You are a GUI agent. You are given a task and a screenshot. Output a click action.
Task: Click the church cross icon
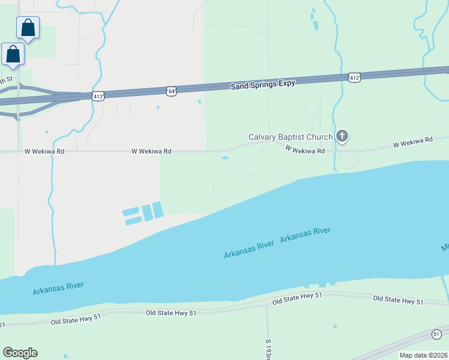pos(342,136)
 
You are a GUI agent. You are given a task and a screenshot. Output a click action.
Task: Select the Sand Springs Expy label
pos(264,85)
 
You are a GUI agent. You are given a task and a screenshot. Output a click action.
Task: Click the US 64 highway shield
pos(172,91)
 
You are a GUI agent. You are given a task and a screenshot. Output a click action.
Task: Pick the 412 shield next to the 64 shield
pos(98,95)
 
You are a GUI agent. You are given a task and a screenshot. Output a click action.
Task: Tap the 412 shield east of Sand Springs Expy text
pos(354,77)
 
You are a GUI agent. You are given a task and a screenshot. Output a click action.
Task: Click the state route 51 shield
pos(436,334)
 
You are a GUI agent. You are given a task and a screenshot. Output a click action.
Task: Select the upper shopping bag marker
pos(28,28)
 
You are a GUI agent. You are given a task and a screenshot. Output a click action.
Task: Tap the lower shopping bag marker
pos(13,55)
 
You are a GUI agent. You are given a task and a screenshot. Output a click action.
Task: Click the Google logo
pos(20,352)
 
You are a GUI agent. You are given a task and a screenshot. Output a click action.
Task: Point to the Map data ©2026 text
pos(423,355)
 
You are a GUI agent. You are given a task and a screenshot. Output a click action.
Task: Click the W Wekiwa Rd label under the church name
pos(305,149)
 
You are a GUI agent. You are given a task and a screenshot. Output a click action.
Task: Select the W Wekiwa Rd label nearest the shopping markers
pos(44,152)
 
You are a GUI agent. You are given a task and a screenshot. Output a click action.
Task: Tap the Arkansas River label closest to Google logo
pos(58,288)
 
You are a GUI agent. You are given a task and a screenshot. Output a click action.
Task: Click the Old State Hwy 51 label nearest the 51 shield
pos(398,299)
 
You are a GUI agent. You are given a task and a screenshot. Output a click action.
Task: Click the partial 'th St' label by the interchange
pos(6,80)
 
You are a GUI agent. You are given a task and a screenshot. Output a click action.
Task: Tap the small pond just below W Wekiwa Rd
pos(225,158)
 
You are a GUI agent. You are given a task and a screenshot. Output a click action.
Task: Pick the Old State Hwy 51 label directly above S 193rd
pos(297,299)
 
